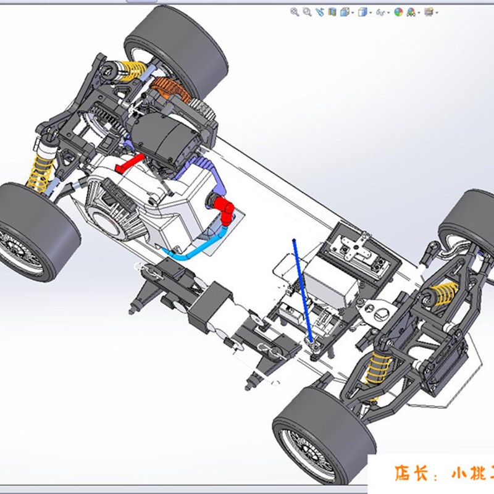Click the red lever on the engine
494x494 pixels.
click(x=131, y=164)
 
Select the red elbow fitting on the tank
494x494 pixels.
click(x=225, y=208)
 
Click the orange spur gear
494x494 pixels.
click(x=168, y=91)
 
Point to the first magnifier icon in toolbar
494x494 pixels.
click(x=295, y=11)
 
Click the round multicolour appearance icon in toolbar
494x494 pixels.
click(x=398, y=11)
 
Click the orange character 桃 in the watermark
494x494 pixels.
click(x=476, y=474)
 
